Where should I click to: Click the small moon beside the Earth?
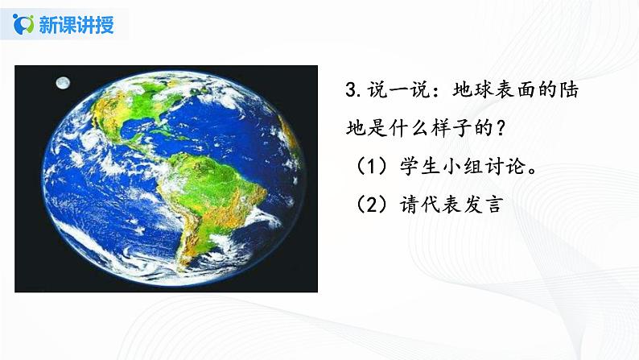coord(62,81)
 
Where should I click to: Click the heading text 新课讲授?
coord(76,24)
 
